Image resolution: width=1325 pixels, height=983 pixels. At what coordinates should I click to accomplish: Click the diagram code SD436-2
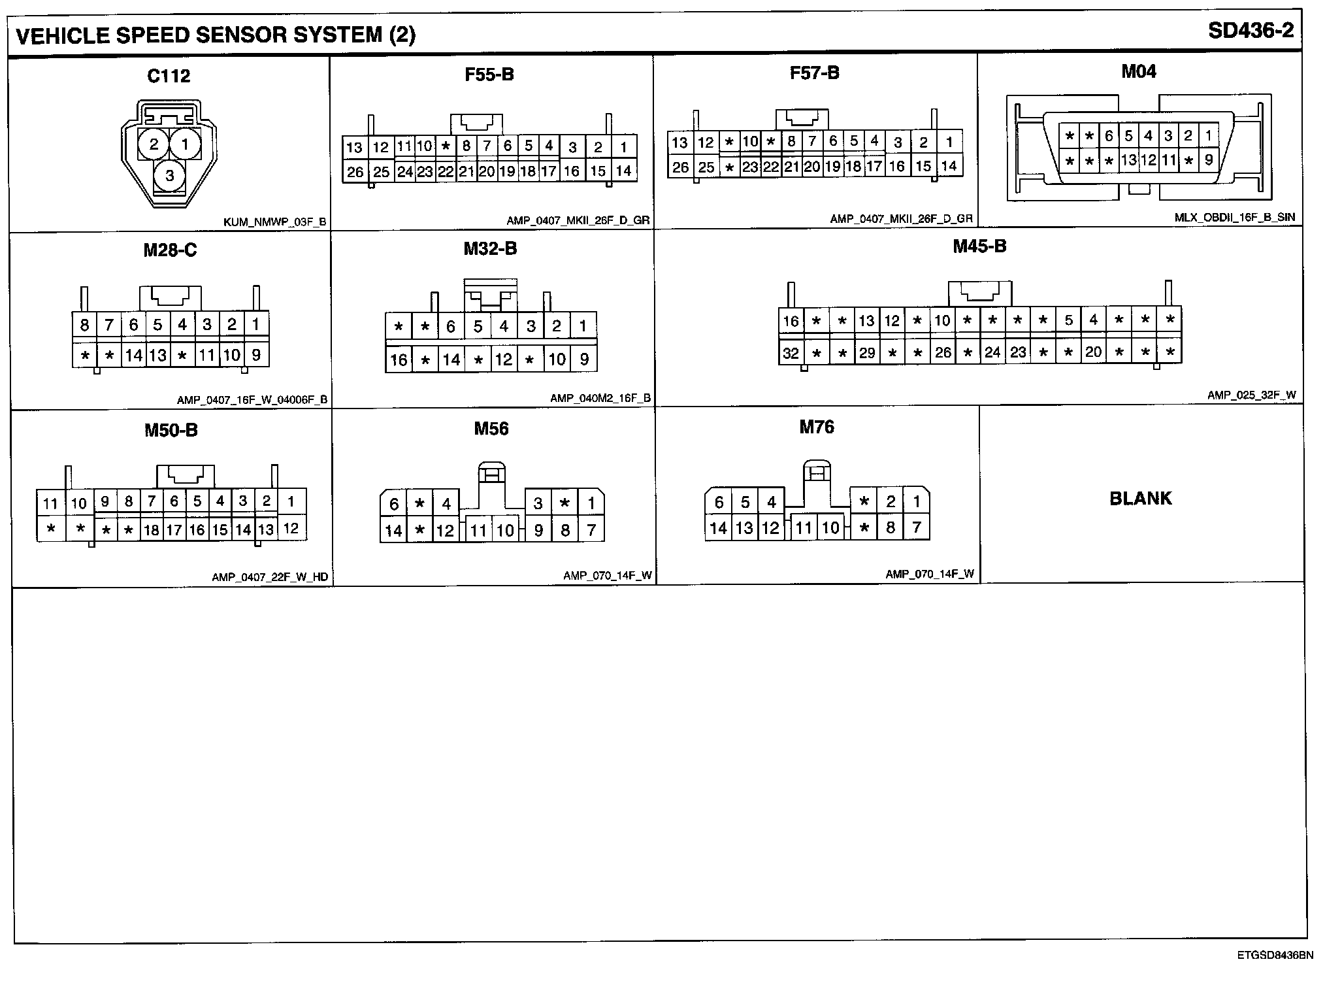(1251, 31)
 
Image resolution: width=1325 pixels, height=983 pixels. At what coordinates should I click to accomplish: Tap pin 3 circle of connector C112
(169, 175)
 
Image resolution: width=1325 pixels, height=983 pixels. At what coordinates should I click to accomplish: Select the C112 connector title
(169, 76)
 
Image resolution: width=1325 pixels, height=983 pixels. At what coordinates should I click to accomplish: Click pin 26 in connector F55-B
(355, 172)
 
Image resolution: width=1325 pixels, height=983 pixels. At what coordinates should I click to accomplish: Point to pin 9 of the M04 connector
(1209, 159)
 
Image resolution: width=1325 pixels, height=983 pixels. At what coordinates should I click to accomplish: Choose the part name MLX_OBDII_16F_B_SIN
(1234, 218)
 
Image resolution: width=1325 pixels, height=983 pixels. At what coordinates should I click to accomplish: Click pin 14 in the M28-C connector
(134, 356)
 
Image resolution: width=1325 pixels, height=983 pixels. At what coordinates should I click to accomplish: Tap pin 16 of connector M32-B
(399, 359)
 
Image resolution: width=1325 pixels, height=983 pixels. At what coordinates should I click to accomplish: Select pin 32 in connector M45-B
(791, 353)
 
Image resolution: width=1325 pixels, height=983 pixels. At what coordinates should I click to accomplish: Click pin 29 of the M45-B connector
(867, 353)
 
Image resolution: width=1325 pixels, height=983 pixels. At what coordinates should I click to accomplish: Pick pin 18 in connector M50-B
(152, 530)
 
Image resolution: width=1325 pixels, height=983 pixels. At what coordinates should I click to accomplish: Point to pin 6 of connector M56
(394, 504)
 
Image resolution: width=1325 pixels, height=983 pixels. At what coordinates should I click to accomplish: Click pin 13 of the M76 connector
(744, 528)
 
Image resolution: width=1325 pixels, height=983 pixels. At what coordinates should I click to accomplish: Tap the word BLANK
(1141, 499)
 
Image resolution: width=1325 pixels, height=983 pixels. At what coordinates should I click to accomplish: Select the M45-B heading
(979, 246)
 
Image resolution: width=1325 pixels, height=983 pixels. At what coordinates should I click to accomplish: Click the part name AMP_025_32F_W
(1251, 395)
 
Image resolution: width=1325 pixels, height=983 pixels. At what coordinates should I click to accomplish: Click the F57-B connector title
(814, 73)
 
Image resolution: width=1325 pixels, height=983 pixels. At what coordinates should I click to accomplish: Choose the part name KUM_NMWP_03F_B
(274, 222)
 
